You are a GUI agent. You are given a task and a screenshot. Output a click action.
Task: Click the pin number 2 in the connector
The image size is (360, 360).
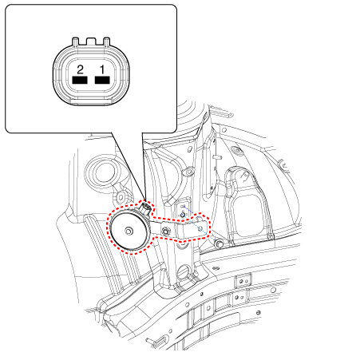(x=80, y=70)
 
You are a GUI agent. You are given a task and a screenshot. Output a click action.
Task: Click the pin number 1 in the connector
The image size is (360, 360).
(x=102, y=70)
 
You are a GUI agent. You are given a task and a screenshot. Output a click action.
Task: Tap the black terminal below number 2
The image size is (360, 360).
(x=80, y=80)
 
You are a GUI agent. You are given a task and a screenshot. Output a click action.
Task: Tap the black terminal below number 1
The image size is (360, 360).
(x=102, y=80)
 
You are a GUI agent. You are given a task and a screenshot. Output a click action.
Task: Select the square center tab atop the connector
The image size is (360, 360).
(x=91, y=41)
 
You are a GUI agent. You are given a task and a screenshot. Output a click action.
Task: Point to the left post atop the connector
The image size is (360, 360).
(x=76, y=42)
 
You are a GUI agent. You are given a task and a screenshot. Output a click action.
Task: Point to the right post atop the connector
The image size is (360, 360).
(x=106, y=42)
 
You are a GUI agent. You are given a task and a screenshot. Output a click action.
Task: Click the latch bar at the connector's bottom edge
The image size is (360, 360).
(x=91, y=101)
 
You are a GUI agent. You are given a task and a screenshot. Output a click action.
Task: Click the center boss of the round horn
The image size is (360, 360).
(x=129, y=231)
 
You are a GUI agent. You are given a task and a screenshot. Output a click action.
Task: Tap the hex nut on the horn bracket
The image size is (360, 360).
(x=166, y=231)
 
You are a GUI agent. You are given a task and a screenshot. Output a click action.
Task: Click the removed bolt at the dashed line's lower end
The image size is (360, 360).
(x=219, y=243)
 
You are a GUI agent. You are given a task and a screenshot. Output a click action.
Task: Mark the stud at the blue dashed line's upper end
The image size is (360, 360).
(x=183, y=215)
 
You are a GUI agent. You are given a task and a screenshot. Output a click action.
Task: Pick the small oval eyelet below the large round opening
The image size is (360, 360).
(x=121, y=198)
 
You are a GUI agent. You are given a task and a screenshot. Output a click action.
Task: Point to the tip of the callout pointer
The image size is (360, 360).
(x=146, y=200)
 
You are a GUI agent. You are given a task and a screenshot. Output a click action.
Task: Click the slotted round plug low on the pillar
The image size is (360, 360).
(x=183, y=272)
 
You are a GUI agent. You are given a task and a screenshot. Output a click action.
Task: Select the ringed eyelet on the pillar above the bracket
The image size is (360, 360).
(x=189, y=172)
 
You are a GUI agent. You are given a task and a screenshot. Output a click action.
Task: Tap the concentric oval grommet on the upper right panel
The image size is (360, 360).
(x=236, y=151)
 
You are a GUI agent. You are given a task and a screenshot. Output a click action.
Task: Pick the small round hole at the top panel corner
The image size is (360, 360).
(x=224, y=130)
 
